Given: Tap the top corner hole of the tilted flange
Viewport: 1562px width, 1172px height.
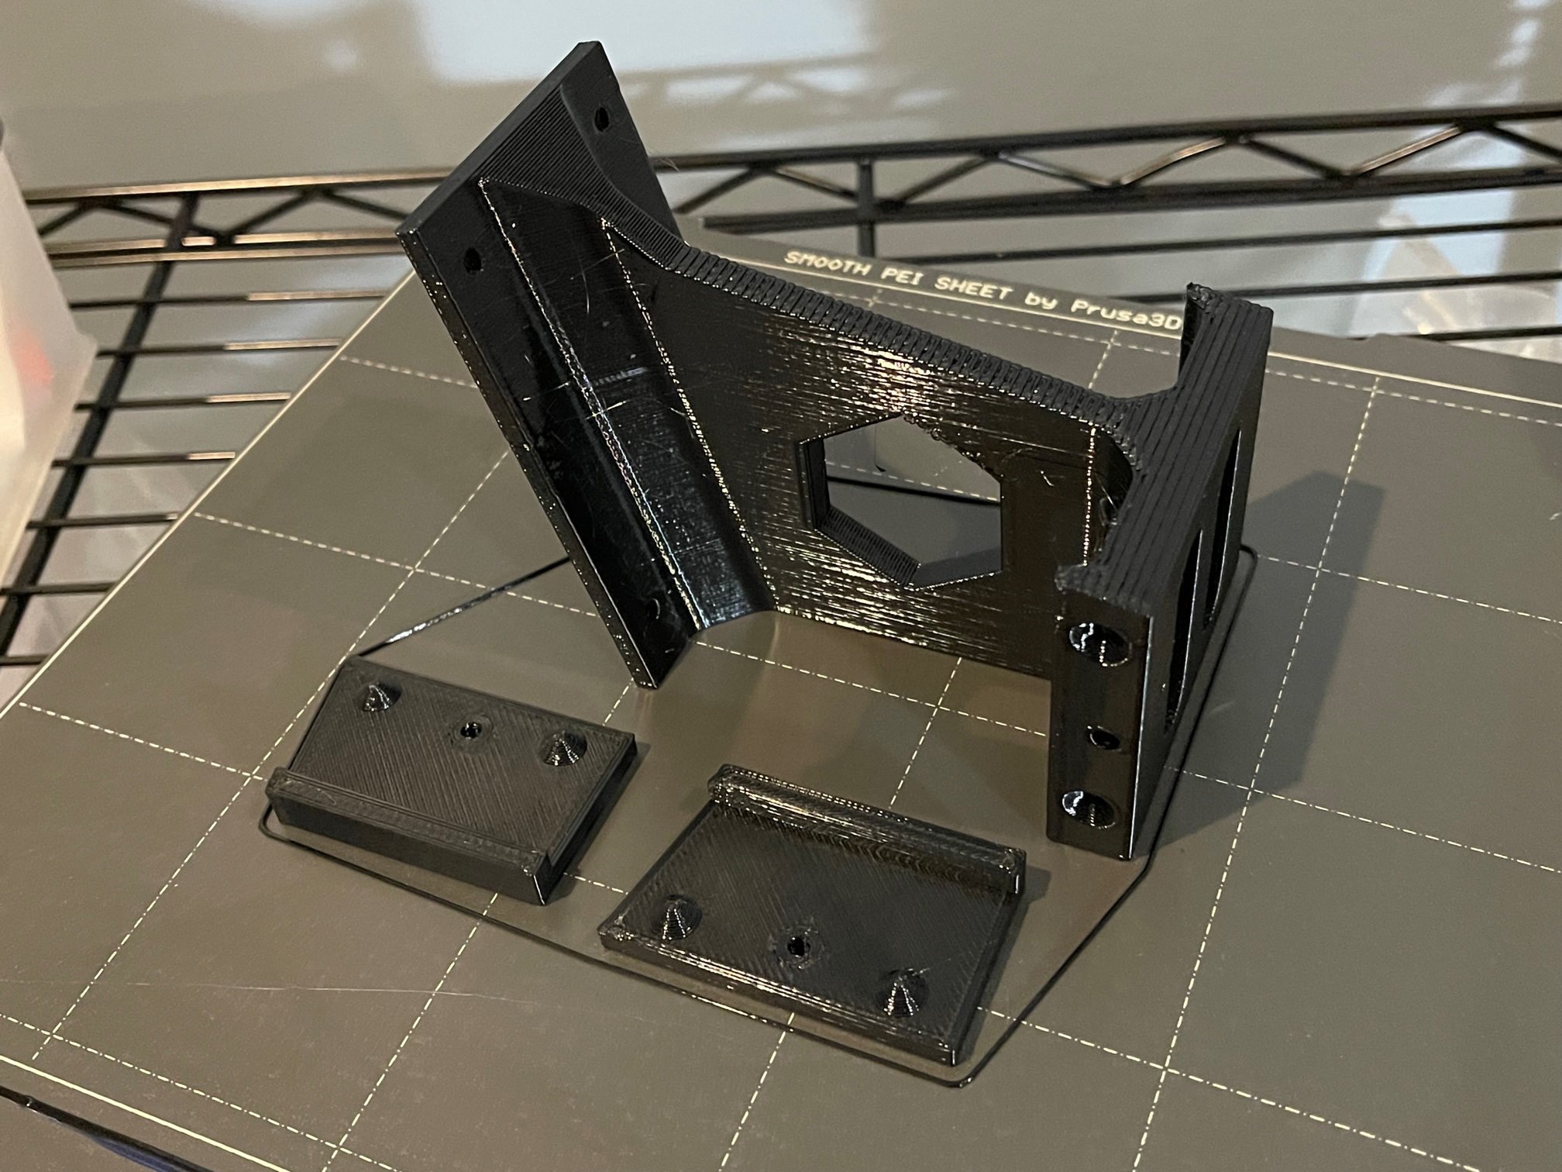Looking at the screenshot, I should pos(601,121).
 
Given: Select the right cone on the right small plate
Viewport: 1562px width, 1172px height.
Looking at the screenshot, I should pos(900,997).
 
